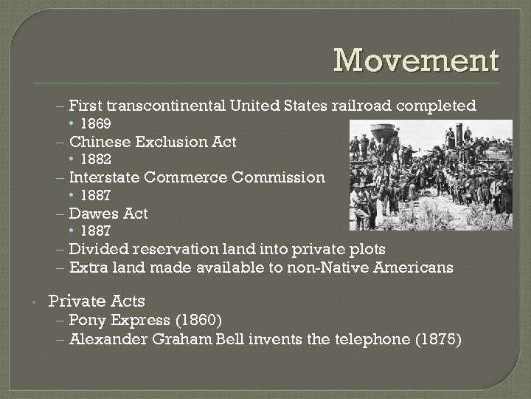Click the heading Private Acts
pyautogui.click(x=97, y=301)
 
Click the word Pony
pyautogui.click(x=86, y=320)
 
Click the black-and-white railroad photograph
pyautogui.click(x=430, y=176)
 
